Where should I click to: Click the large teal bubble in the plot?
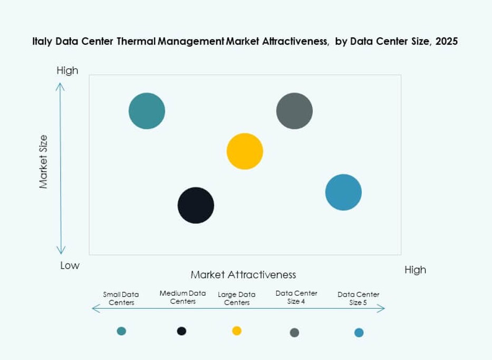point(147,111)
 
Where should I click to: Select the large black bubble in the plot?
point(196,205)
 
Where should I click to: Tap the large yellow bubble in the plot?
point(245,151)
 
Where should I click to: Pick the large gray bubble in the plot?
point(294,111)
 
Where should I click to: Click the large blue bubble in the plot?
point(343,192)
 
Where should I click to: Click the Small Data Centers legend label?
point(121,298)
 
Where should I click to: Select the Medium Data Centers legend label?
point(183,297)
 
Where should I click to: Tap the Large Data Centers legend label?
point(237,298)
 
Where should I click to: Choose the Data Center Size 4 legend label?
point(296,297)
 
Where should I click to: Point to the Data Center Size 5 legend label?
point(359,298)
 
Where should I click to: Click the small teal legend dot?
point(121,331)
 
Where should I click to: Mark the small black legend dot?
point(181,331)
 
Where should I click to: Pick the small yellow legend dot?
point(237,331)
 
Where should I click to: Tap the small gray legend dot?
point(294,333)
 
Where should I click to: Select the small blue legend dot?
point(359,333)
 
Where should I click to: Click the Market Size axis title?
point(43,162)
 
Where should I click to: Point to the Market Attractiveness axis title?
point(243,274)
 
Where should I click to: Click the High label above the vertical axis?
point(67,71)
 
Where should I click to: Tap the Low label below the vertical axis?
point(70,266)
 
